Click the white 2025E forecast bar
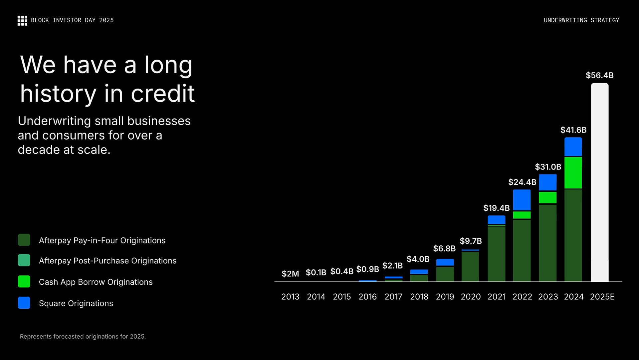[599, 182]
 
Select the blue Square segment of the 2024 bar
[573, 147]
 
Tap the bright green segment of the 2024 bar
[573, 173]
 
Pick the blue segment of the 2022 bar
[522, 199]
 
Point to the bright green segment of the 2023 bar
[547, 197]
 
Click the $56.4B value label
[599, 75]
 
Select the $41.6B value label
[573, 130]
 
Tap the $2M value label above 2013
[290, 274]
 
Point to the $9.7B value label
[471, 241]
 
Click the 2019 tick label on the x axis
[445, 297]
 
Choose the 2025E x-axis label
[602, 297]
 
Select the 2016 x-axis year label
[367, 297]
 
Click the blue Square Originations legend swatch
[24, 303]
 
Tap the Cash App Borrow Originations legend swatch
[24, 282]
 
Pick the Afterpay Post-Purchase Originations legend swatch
[24, 260]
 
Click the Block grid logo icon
[22, 20]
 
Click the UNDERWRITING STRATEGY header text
[581, 20]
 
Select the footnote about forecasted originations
[83, 336]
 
